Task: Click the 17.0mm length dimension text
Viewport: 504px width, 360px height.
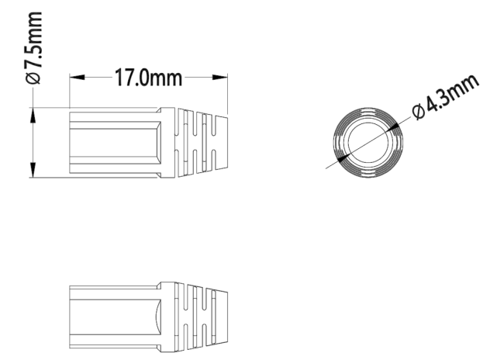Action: click(149, 78)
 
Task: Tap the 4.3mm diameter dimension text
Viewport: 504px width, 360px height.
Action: click(446, 96)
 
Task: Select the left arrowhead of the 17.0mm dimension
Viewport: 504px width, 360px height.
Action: click(77, 78)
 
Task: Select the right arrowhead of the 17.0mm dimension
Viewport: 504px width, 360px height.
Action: click(220, 78)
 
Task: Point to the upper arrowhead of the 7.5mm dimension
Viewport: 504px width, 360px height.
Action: click(33, 115)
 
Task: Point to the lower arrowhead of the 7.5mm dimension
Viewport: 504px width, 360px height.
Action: click(33, 170)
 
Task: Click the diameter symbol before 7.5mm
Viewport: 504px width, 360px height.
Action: click(33, 78)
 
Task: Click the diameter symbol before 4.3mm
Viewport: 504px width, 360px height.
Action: click(419, 112)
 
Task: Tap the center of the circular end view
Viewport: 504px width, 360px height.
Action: click(368, 143)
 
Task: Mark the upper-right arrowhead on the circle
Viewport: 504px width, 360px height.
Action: click(392, 127)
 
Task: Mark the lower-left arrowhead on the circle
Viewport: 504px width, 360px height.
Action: click(343, 157)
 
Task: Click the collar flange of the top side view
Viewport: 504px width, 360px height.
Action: click(167, 142)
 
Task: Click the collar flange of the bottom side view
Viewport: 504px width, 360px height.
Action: click(167, 317)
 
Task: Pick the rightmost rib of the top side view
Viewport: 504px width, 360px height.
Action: click(221, 143)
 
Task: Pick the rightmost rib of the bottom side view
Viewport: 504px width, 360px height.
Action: click(221, 317)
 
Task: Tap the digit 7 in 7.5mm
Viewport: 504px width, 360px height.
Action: click(33, 64)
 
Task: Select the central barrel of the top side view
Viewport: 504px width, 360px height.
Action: click(115, 143)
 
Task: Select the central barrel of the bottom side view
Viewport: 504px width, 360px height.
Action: click(115, 317)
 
